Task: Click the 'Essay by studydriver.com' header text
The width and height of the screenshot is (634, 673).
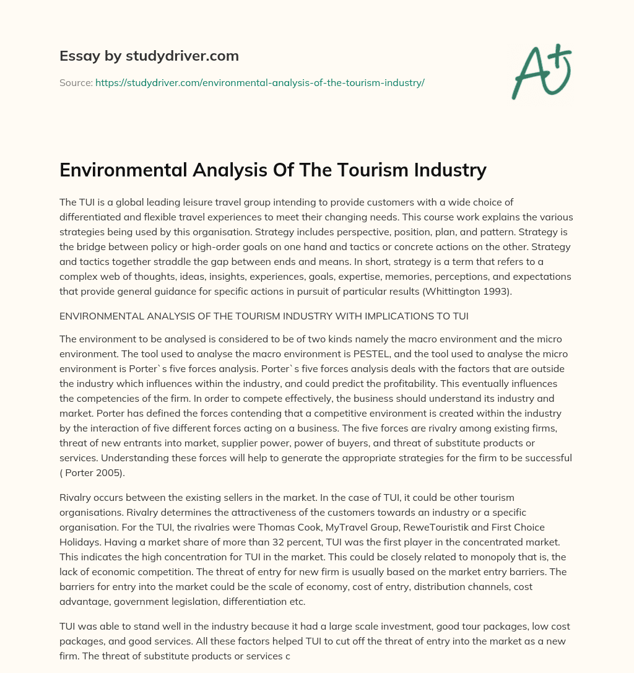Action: point(149,56)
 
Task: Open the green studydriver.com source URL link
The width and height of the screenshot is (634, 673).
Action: point(259,82)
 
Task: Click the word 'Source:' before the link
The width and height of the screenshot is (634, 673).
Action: point(76,82)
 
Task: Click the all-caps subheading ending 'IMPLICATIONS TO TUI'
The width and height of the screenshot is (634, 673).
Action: point(264,316)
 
